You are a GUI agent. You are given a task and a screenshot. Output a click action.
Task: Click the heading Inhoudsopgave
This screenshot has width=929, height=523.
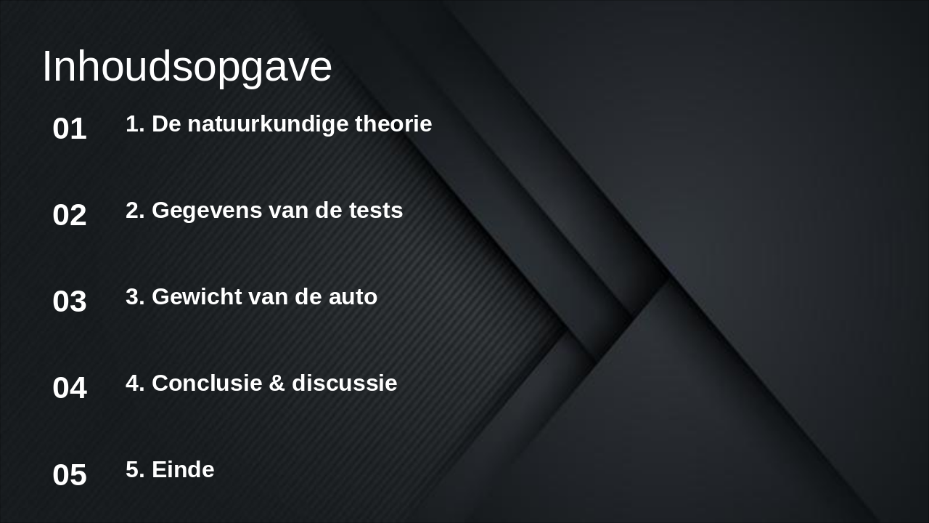pyautogui.click(x=187, y=67)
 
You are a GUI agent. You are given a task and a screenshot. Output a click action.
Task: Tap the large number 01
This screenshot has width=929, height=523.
pyautogui.click(x=70, y=129)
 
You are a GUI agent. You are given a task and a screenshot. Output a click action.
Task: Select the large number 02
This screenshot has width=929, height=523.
pyautogui.click(x=70, y=216)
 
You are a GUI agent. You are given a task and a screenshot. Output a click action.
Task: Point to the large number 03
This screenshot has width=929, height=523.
pyautogui.click(x=70, y=302)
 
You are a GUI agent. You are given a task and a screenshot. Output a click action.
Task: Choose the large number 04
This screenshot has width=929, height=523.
pyautogui.click(x=70, y=389)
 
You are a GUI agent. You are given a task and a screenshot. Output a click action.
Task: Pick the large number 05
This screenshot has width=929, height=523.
pyautogui.click(x=70, y=476)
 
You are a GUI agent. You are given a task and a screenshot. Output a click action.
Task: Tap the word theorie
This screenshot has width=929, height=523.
pyautogui.click(x=393, y=124)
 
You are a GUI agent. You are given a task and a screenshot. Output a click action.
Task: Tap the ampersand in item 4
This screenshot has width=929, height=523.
pyautogui.click(x=277, y=384)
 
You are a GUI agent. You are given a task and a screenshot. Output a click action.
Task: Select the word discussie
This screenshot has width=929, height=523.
pyautogui.click(x=345, y=384)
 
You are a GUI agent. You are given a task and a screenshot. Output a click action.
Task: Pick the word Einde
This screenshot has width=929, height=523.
pyautogui.click(x=183, y=470)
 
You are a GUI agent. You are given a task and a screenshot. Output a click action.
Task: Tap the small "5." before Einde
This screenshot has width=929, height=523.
pyautogui.click(x=135, y=470)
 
